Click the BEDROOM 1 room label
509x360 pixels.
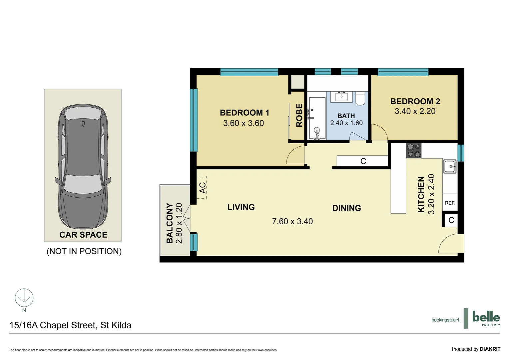(244, 113)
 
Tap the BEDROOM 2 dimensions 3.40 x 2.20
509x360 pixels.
(415, 111)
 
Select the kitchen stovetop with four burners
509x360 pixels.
(413, 150)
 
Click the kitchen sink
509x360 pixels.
(450, 166)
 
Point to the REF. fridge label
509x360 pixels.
(450, 203)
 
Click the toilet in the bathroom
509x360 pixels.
(360, 99)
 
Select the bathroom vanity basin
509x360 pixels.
(341, 97)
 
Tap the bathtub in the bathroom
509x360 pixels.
(317, 118)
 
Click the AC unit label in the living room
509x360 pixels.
(202, 187)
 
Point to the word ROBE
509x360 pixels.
(299, 115)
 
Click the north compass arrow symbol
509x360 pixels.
(24, 297)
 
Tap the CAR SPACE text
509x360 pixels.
(83, 235)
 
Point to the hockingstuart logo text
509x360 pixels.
(445, 320)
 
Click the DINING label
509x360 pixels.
(346, 208)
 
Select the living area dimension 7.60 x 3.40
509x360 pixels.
(292, 221)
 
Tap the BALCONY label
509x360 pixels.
(170, 223)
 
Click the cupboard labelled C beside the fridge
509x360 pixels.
(451, 220)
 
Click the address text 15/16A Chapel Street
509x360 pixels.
(70, 325)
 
